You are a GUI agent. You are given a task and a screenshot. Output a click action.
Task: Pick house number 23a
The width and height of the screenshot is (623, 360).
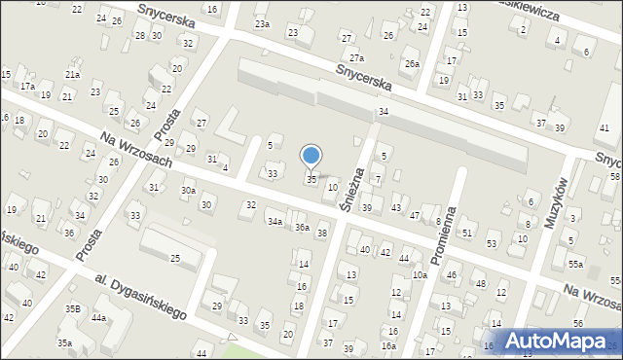[x=262, y=23]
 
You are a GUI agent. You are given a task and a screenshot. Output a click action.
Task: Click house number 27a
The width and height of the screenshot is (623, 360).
[x=357, y=58]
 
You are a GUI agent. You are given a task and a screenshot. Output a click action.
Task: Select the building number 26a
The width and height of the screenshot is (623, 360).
[x=413, y=64]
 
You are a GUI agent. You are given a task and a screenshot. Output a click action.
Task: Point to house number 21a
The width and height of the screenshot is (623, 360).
[x=72, y=74]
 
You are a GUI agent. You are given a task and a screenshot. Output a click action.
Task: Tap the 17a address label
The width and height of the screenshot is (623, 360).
[x=27, y=86]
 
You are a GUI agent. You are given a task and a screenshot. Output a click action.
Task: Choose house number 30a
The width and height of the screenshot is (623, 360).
[x=187, y=191]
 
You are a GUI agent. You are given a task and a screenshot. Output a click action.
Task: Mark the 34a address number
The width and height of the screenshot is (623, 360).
[x=275, y=222]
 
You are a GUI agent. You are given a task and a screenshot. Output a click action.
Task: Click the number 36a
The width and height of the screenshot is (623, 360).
[x=303, y=228]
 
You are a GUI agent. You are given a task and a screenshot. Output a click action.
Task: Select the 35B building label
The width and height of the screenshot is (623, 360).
[x=72, y=308]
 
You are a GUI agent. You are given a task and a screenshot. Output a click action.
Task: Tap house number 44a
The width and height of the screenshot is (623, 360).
[x=98, y=318]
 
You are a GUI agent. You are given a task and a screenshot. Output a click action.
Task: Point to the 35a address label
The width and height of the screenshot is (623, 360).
[x=64, y=343]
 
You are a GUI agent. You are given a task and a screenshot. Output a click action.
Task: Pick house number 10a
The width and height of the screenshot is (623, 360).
[x=419, y=275]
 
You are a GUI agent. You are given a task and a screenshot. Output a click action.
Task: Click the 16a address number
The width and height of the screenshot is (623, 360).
[x=388, y=346]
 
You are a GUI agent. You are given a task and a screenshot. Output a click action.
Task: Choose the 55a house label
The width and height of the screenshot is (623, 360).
[x=576, y=265]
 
